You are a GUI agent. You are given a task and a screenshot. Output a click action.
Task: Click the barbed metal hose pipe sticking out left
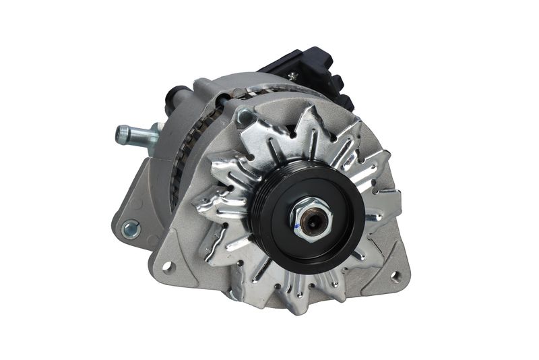pyautogui.click(x=138, y=135)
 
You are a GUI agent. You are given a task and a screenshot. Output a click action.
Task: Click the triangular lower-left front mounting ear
pyautogui.click(x=172, y=260)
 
